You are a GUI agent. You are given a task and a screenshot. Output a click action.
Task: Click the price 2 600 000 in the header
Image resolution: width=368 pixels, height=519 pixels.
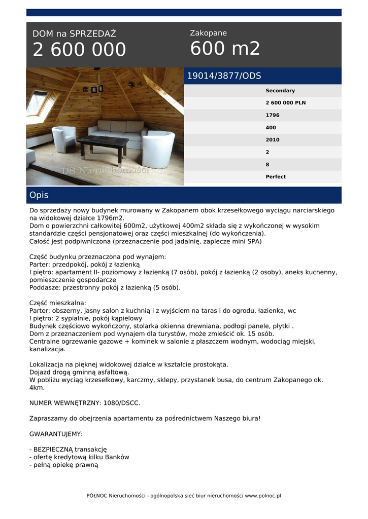click(79, 50)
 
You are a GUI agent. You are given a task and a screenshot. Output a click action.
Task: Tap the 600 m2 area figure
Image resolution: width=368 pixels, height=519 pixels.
click(225, 49)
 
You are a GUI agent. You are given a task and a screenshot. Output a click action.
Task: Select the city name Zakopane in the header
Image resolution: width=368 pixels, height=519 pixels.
click(208, 33)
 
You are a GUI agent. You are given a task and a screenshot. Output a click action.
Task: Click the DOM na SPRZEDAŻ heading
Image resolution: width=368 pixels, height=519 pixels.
click(74, 34)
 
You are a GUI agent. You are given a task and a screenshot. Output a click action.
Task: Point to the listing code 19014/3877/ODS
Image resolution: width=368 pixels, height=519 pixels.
click(224, 76)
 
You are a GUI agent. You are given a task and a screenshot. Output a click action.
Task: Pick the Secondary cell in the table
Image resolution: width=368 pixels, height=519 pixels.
click(280, 91)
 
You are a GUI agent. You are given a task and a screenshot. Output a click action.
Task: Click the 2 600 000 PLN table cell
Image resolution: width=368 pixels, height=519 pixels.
click(285, 103)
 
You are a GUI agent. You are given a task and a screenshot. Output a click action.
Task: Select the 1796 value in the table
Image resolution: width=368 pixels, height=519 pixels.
click(273, 115)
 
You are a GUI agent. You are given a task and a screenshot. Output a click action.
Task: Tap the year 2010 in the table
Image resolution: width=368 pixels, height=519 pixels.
click(273, 140)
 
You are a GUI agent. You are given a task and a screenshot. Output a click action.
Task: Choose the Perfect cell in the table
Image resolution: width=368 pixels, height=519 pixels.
click(276, 177)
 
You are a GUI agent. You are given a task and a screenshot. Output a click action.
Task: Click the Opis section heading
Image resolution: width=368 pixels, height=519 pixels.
click(39, 195)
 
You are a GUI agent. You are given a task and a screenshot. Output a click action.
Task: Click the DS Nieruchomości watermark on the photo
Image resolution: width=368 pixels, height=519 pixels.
click(105, 171)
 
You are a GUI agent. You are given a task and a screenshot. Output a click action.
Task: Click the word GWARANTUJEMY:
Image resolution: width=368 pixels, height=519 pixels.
click(56, 434)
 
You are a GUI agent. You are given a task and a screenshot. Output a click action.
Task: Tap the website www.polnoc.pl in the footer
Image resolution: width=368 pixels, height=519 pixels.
click(263, 496)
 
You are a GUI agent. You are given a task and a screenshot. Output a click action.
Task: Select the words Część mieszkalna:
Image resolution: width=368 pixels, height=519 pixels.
click(58, 303)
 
